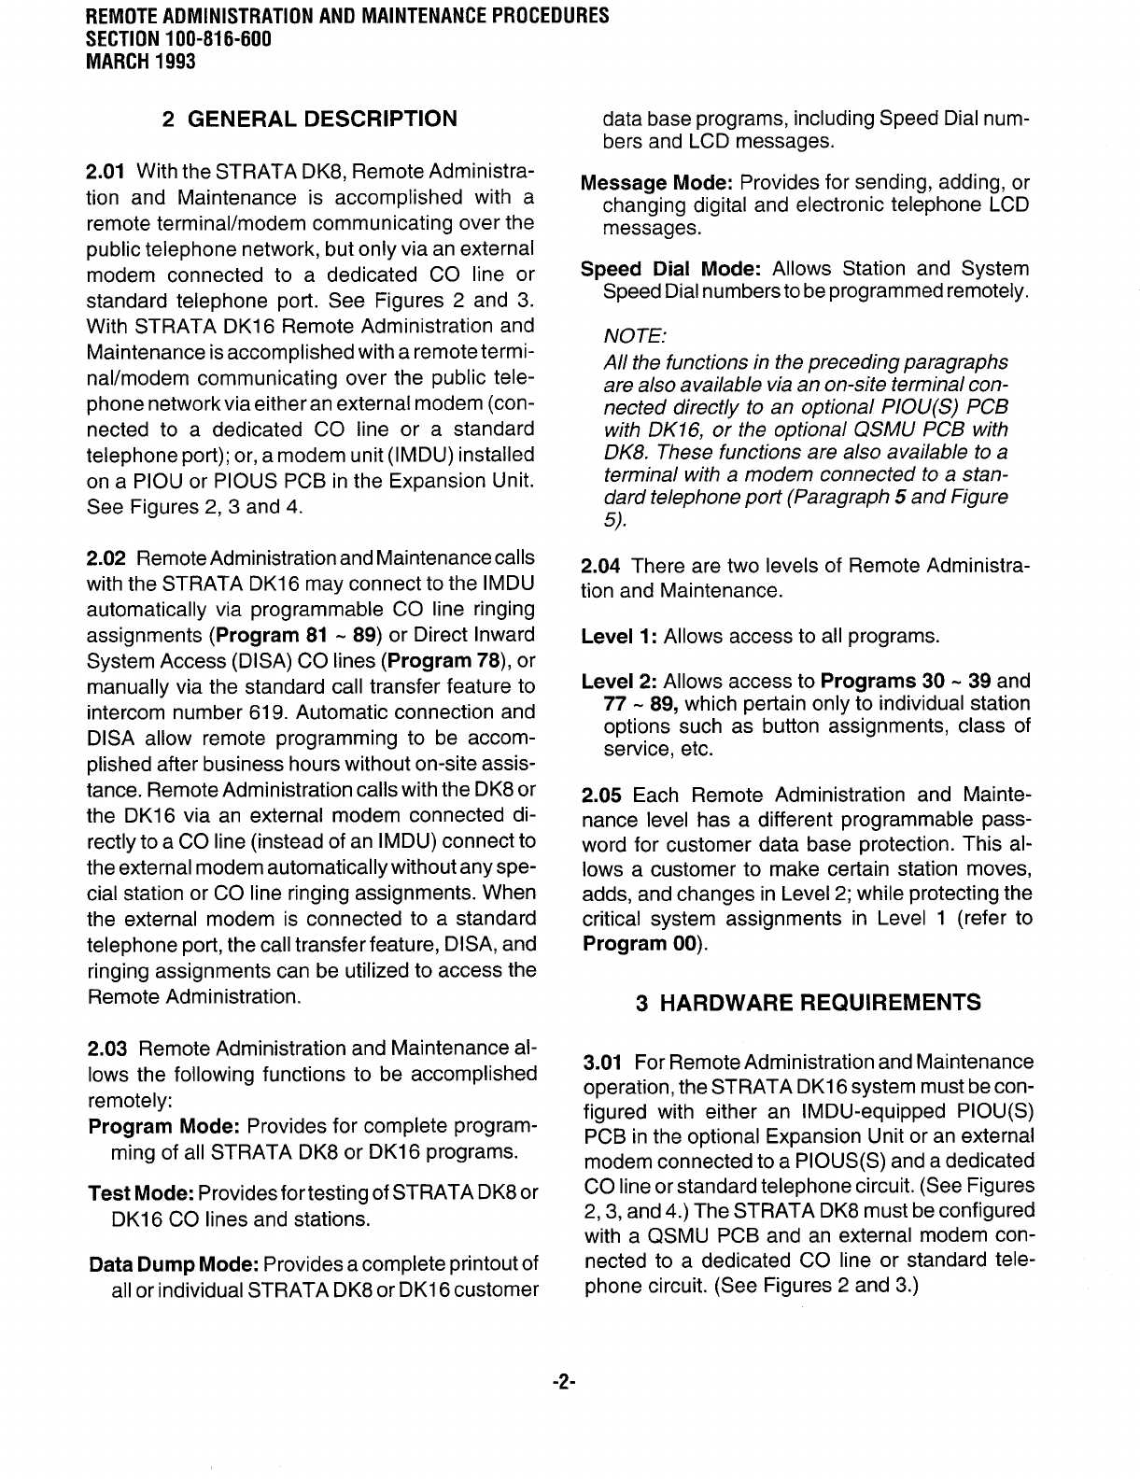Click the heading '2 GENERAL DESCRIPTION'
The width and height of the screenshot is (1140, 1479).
[309, 120]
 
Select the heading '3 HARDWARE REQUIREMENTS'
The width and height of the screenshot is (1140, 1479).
[808, 1003]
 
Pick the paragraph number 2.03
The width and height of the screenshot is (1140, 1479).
[106, 1049]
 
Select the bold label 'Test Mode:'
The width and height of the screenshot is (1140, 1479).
[140, 1194]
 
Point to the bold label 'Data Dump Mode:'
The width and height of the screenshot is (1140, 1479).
[173, 1265]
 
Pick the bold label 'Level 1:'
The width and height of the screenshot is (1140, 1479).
[619, 637]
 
